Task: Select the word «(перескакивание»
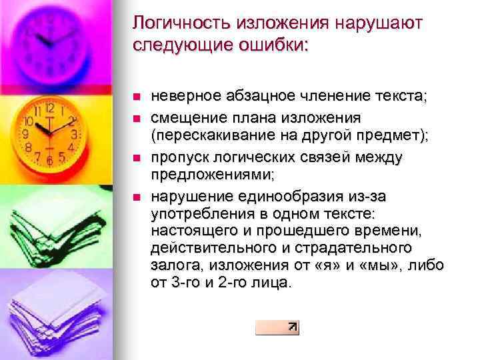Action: [x=206, y=136]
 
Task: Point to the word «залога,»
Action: [x=173, y=265]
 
